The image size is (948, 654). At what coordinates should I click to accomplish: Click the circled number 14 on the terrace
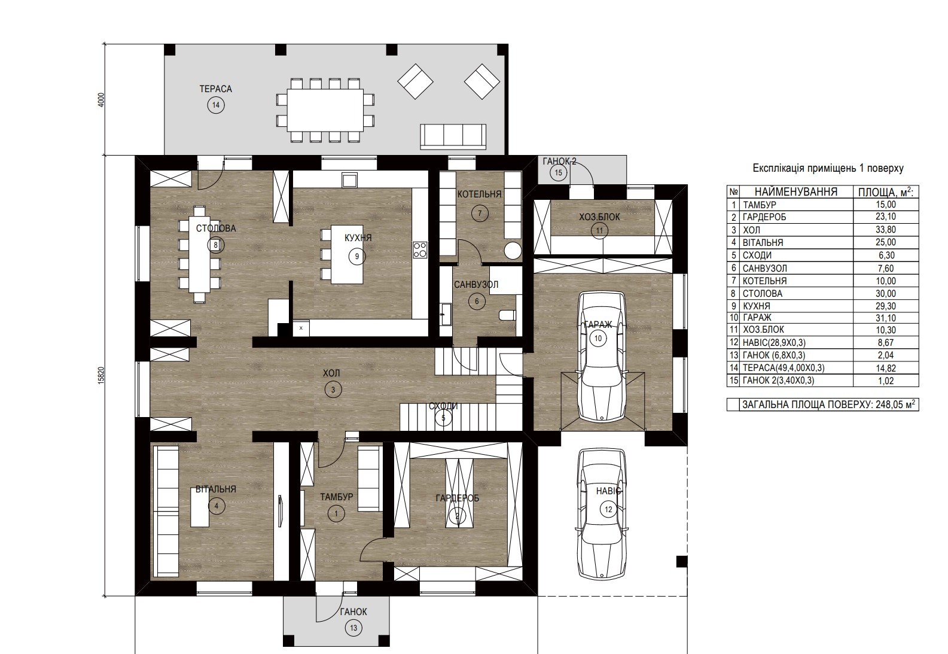tap(216, 105)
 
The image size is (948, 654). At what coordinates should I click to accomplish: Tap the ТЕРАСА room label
tap(216, 89)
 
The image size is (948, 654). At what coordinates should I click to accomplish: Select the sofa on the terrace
tap(453, 136)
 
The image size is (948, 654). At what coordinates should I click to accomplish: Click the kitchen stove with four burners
tap(420, 250)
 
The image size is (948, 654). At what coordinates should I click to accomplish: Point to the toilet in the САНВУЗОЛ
tap(508, 315)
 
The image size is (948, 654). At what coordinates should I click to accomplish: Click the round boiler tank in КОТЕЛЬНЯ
tap(513, 250)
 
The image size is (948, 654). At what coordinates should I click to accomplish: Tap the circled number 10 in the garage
tap(598, 338)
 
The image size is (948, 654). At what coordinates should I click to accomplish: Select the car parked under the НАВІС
tap(601, 513)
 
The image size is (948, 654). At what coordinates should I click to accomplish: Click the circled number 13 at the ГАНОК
tap(353, 628)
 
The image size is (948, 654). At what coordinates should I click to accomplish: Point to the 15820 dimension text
tap(100, 375)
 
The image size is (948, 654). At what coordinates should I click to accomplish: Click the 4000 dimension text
tap(100, 100)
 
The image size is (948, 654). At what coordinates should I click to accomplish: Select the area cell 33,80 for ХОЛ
tap(886, 230)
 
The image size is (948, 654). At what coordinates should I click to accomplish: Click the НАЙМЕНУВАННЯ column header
tap(796, 191)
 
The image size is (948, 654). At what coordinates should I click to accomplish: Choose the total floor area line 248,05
tap(828, 404)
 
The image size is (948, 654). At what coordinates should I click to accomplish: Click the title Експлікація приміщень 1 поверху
tap(828, 168)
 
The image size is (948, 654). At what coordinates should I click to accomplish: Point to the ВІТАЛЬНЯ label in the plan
tap(215, 489)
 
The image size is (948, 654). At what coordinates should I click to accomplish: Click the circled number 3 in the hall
tap(333, 390)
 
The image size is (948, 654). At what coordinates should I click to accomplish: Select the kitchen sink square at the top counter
tap(349, 180)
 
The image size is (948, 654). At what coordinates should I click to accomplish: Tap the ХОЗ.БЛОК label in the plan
tap(599, 217)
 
